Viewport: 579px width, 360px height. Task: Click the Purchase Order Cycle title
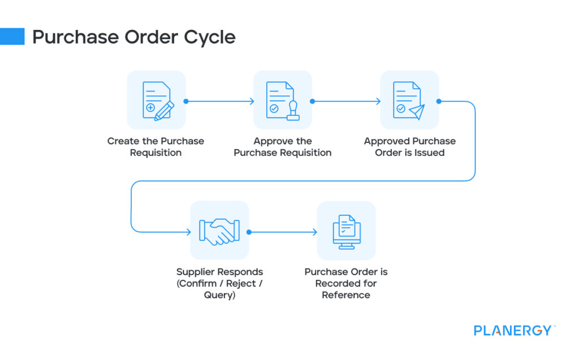133,37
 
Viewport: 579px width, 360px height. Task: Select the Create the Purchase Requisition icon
156,101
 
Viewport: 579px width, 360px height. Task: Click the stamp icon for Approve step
283,101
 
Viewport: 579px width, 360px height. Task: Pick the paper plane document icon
409,101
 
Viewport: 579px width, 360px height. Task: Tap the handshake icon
219,231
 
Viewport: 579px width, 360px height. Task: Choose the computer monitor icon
346,231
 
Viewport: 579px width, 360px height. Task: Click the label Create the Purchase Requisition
155,147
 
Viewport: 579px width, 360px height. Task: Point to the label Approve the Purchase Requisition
283,147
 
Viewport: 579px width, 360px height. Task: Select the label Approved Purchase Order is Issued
409,147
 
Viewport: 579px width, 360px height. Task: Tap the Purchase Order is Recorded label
346,283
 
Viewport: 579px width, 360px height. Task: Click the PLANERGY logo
512,331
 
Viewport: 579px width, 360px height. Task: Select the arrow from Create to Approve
219,102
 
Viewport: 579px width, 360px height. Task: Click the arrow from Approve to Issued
346,102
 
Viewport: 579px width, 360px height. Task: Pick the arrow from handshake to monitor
283,232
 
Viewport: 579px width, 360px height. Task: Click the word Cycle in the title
209,37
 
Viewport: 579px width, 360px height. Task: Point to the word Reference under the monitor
346,295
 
